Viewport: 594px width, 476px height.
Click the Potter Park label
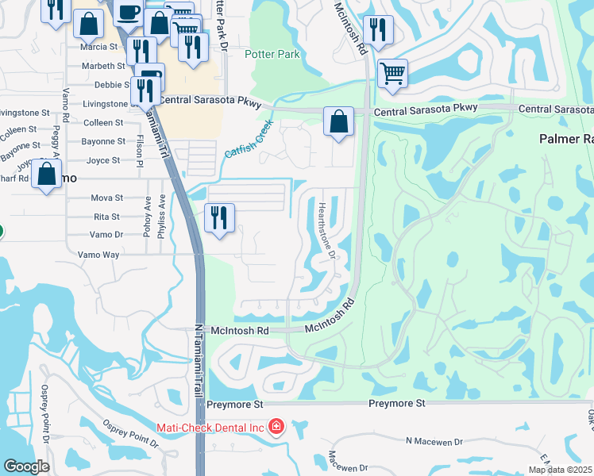pos(272,54)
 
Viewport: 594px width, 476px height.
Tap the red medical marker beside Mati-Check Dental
pos(276,427)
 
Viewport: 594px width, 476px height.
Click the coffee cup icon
pos(127,13)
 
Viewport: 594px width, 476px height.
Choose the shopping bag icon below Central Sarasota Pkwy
pos(338,123)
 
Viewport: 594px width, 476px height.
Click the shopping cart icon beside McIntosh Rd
pos(392,73)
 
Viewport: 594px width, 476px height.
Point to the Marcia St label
pos(98,47)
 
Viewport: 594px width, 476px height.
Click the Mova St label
pos(107,198)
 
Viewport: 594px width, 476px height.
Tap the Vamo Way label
pos(98,255)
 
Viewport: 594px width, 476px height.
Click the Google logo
pos(26,467)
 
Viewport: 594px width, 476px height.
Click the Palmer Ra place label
pos(565,138)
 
